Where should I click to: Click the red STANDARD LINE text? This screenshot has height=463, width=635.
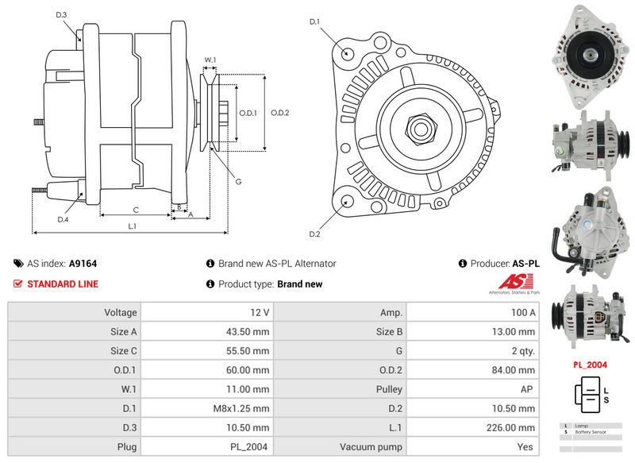63,284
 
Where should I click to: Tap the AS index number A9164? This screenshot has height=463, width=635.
83,264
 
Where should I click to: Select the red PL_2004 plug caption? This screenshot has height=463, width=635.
589,365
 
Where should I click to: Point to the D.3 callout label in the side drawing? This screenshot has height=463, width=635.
62,15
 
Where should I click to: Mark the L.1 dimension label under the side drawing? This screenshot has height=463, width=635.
133,226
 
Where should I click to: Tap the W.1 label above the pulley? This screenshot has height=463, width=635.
210,60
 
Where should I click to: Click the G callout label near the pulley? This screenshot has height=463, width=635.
238,183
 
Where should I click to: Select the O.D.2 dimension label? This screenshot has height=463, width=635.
279,113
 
